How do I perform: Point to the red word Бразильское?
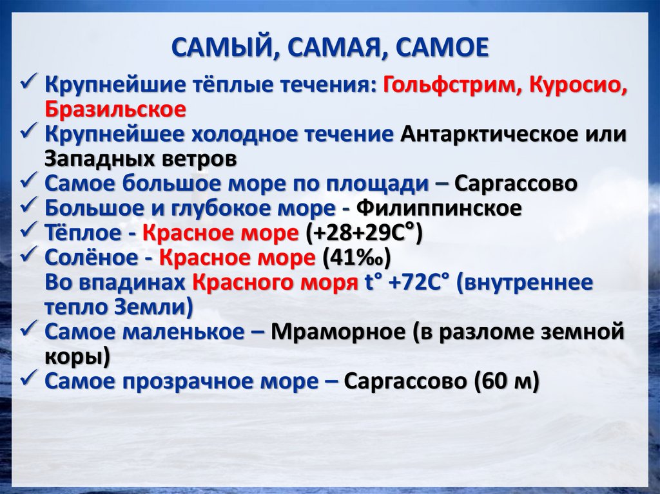point(115,109)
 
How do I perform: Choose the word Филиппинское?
point(438,208)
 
